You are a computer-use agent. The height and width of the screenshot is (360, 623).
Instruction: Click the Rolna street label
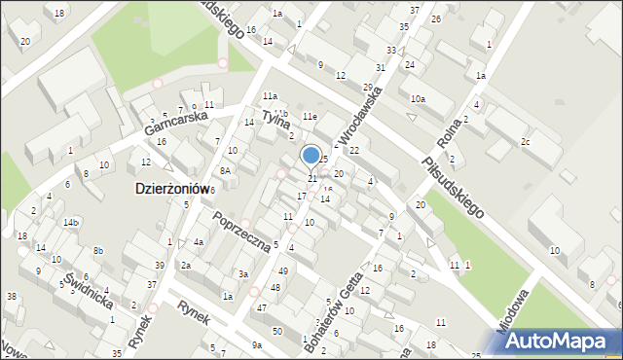click(x=449, y=142)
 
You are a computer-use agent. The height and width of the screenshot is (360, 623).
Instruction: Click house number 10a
click(x=418, y=99)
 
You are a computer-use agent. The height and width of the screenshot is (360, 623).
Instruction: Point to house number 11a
click(x=270, y=96)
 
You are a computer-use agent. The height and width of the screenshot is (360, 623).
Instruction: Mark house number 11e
click(x=310, y=117)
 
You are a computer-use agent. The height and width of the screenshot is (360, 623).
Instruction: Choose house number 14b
click(x=71, y=223)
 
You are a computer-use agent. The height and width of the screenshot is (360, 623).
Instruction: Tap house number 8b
click(x=98, y=252)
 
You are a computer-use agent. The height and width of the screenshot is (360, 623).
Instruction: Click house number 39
click(x=160, y=266)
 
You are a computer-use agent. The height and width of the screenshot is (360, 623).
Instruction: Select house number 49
click(x=282, y=270)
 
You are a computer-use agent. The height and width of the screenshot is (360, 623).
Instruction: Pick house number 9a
click(x=257, y=345)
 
